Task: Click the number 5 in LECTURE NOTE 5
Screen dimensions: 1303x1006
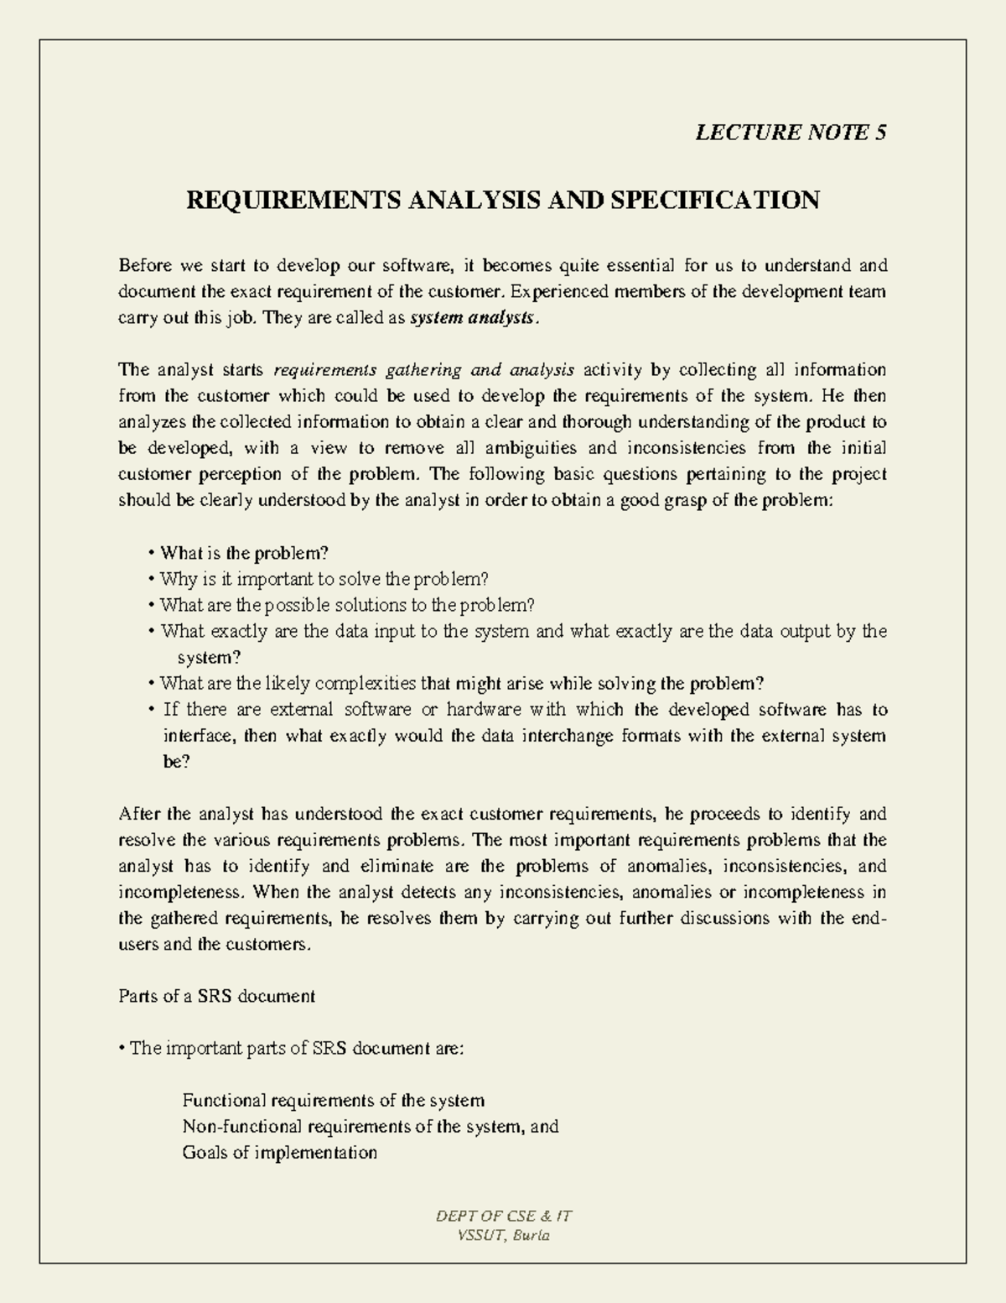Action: (x=880, y=133)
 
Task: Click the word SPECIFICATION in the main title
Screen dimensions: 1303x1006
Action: (x=714, y=201)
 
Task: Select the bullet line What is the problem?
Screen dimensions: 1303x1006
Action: (x=243, y=553)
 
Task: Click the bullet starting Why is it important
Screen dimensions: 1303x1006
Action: (x=323, y=579)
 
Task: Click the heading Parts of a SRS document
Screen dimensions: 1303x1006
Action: (x=217, y=996)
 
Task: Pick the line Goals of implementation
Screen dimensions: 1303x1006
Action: (x=279, y=1152)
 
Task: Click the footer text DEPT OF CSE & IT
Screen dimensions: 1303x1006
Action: (x=504, y=1216)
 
